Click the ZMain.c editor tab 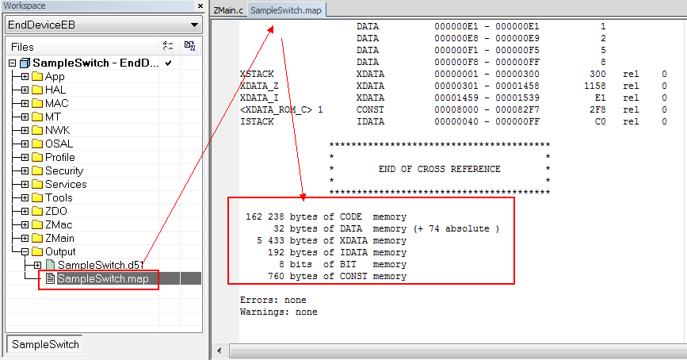tap(228, 10)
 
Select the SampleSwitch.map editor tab tap(286, 10)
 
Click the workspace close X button tap(200, 6)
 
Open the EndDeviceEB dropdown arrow tap(194, 25)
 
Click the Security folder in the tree tap(64, 170)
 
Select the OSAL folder tap(59, 144)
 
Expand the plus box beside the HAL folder tap(25, 90)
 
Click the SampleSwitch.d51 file tap(101, 265)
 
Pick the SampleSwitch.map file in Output tap(103, 278)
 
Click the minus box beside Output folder tap(25, 251)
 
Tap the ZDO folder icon tap(37, 212)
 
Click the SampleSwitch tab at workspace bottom tap(45, 344)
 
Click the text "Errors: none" tap(273, 300)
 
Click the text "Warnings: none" tap(279, 312)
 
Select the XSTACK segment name tap(257, 74)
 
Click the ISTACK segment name tap(257, 121)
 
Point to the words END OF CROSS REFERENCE tap(440, 169)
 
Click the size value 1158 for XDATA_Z tap(595, 86)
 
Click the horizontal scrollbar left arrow tap(219, 350)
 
